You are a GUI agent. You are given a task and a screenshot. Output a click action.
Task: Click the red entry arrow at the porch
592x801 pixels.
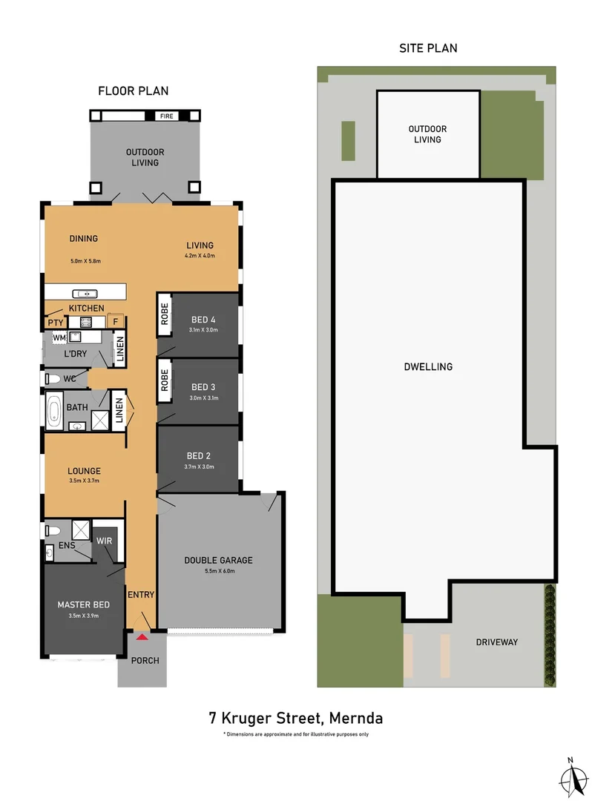pyautogui.click(x=142, y=636)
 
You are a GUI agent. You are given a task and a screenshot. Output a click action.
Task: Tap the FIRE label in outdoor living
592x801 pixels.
pyautogui.click(x=167, y=116)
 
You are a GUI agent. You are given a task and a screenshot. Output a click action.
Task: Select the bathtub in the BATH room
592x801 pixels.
pyautogui.click(x=55, y=412)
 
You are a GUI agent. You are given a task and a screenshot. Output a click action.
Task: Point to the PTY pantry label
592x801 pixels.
pyautogui.click(x=55, y=323)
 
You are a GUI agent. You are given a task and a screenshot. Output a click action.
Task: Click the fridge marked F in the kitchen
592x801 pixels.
pyautogui.click(x=116, y=322)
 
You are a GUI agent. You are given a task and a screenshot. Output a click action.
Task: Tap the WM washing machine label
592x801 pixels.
pyautogui.click(x=59, y=338)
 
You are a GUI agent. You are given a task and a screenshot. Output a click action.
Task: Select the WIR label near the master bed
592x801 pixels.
pyautogui.click(x=104, y=541)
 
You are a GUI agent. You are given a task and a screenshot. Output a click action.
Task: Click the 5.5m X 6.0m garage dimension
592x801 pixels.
pyautogui.click(x=218, y=571)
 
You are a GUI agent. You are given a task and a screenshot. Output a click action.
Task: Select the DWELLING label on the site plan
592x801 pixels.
pyautogui.click(x=428, y=366)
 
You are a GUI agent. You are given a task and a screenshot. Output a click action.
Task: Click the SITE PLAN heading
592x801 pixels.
pyautogui.click(x=428, y=48)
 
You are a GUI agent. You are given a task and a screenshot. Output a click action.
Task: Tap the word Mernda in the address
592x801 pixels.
pyautogui.click(x=356, y=718)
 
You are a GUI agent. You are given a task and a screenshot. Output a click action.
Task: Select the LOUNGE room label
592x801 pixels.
pyautogui.click(x=84, y=470)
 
